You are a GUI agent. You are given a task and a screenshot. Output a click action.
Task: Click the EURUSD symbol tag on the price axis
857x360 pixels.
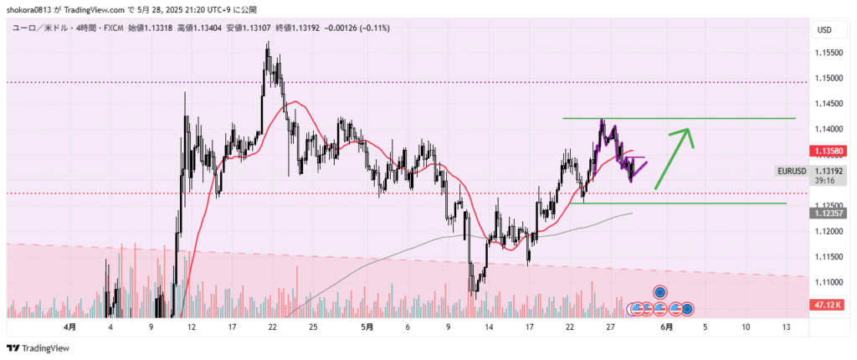pyautogui.click(x=792, y=171)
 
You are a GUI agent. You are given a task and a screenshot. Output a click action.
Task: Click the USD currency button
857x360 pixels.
pyautogui.click(x=824, y=30)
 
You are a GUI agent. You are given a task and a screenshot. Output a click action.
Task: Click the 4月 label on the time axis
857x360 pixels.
pyautogui.click(x=70, y=327)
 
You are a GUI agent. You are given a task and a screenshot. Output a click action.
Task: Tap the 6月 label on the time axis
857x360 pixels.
pyautogui.click(x=667, y=327)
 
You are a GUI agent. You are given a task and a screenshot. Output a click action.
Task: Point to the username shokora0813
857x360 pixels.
pyautogui.click(x=33, y=10)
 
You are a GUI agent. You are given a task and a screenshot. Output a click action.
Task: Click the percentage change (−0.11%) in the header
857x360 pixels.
pyautogui.click(x=369, y=28)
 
